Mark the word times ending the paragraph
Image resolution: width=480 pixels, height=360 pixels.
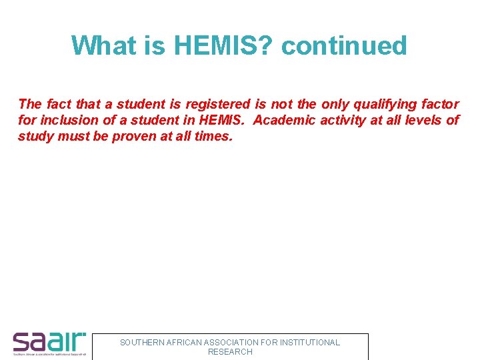pos(213,136)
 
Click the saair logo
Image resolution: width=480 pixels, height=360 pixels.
pos(49,343)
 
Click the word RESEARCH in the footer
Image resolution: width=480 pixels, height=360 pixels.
pos(230,351)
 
